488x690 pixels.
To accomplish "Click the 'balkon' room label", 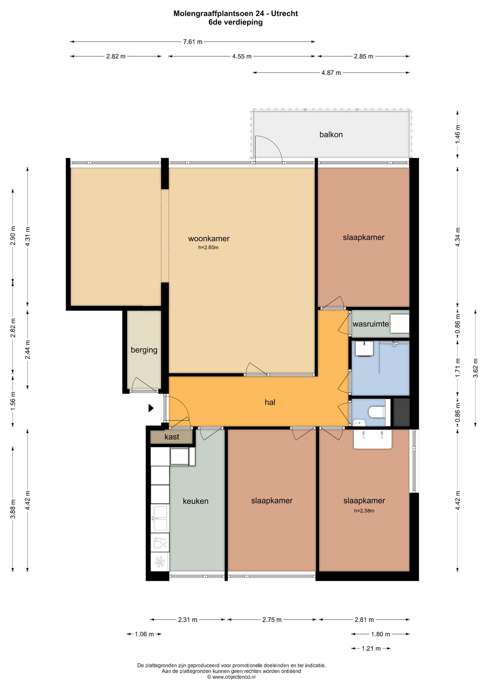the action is tap(331, 135).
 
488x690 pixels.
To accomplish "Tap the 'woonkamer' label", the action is tap(209, 239).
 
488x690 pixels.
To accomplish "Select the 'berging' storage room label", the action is tap(144, 350).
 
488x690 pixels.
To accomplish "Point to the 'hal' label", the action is tap(270, 402).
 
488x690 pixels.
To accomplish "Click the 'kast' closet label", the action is tap(172, 437).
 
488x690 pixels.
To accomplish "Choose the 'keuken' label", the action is tap(196, 501).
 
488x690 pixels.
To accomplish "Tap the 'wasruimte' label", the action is tap(371, 324).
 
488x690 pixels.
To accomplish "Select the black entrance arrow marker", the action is tap(151, 408).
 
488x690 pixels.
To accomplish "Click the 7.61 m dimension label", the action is tap(193, 42).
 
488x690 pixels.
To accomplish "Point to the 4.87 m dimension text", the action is tap(331, 72).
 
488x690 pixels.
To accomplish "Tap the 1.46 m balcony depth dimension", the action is tap(457, 134).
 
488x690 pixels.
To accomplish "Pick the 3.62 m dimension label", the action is tap(476, 368).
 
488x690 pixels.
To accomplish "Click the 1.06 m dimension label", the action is tap(144, 634).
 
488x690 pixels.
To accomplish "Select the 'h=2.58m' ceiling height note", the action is tap(364, 510).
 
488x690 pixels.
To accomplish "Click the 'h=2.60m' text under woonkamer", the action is tap(208, 247).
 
